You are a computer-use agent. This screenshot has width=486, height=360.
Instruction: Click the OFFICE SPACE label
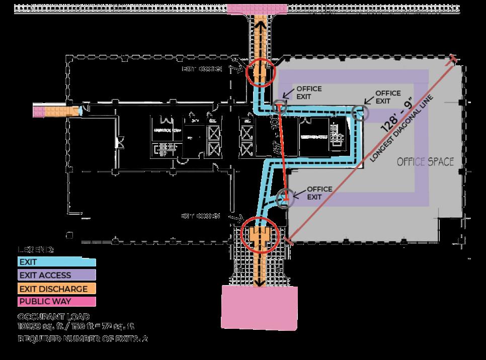coord(425,162)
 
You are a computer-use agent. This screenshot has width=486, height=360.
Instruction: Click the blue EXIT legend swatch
coord(56,261)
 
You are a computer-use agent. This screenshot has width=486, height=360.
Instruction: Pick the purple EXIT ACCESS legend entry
coord(56,275)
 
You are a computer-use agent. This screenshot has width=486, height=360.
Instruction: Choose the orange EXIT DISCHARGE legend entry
coord(56,289)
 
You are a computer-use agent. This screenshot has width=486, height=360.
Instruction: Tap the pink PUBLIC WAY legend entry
coord(56,302)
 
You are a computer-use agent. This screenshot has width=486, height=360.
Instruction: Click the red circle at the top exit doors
coord(261,72)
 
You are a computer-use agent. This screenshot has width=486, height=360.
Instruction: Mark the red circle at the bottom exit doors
coord(259,235)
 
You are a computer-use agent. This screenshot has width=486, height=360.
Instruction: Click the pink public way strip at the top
coord(258,8)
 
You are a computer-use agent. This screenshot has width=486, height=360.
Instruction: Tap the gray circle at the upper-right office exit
coord(360,114)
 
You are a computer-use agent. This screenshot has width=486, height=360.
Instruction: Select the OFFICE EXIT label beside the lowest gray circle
coord(319,193)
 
